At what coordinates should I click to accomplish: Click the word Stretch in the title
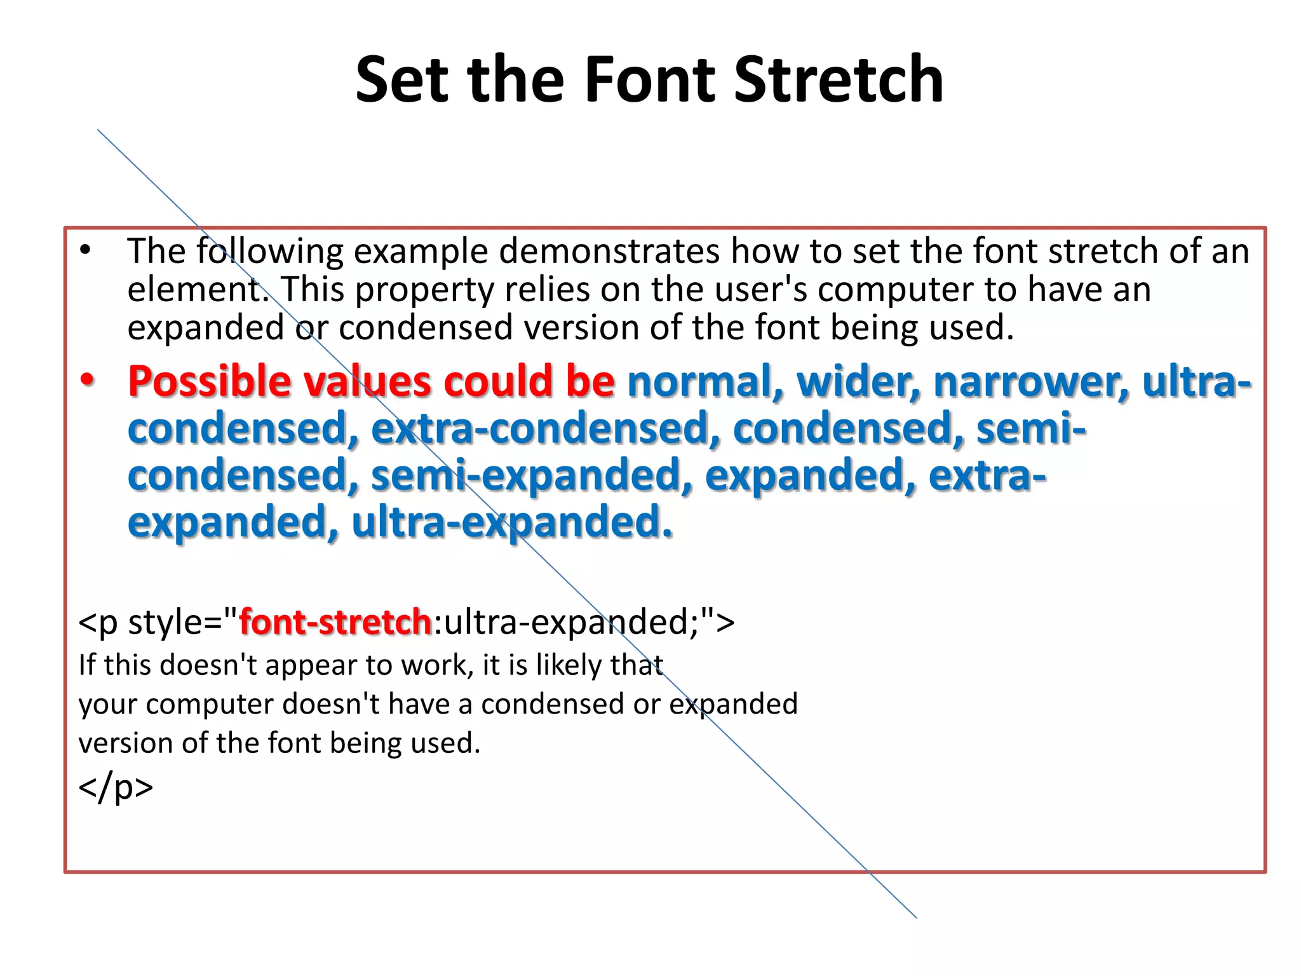839,79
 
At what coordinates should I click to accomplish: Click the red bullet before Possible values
87,381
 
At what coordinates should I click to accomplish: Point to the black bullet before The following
86,250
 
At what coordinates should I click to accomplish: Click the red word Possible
209,382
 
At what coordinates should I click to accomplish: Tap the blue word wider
858,382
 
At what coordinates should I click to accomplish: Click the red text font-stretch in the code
335,621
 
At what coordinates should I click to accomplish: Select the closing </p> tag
116,787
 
